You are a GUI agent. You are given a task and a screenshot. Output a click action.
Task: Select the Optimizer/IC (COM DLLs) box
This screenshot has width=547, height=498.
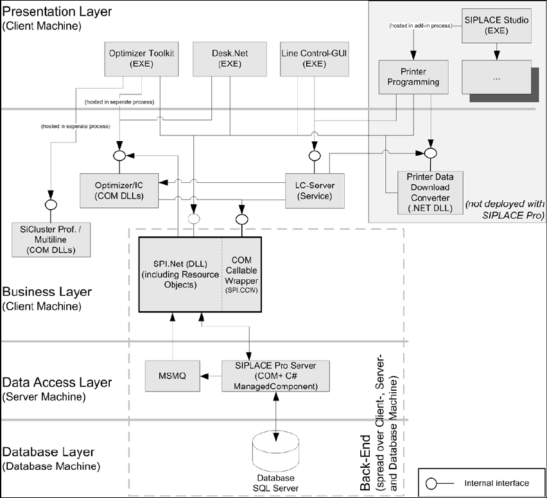click(119, 190)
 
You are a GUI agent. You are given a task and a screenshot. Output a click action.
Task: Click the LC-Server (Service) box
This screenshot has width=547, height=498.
click(315, 190)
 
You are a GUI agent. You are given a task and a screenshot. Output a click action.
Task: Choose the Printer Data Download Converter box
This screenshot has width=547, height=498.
click(430, 193)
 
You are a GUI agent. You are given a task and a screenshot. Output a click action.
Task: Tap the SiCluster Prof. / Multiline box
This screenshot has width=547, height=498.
click(51, 239)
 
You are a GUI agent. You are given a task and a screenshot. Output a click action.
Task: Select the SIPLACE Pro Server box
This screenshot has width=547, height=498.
click(275, 375)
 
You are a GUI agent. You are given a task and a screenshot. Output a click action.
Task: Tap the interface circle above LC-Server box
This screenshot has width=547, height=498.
click(314, 155)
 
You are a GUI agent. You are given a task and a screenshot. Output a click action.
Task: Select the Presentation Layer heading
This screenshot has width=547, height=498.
click(57, 12)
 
